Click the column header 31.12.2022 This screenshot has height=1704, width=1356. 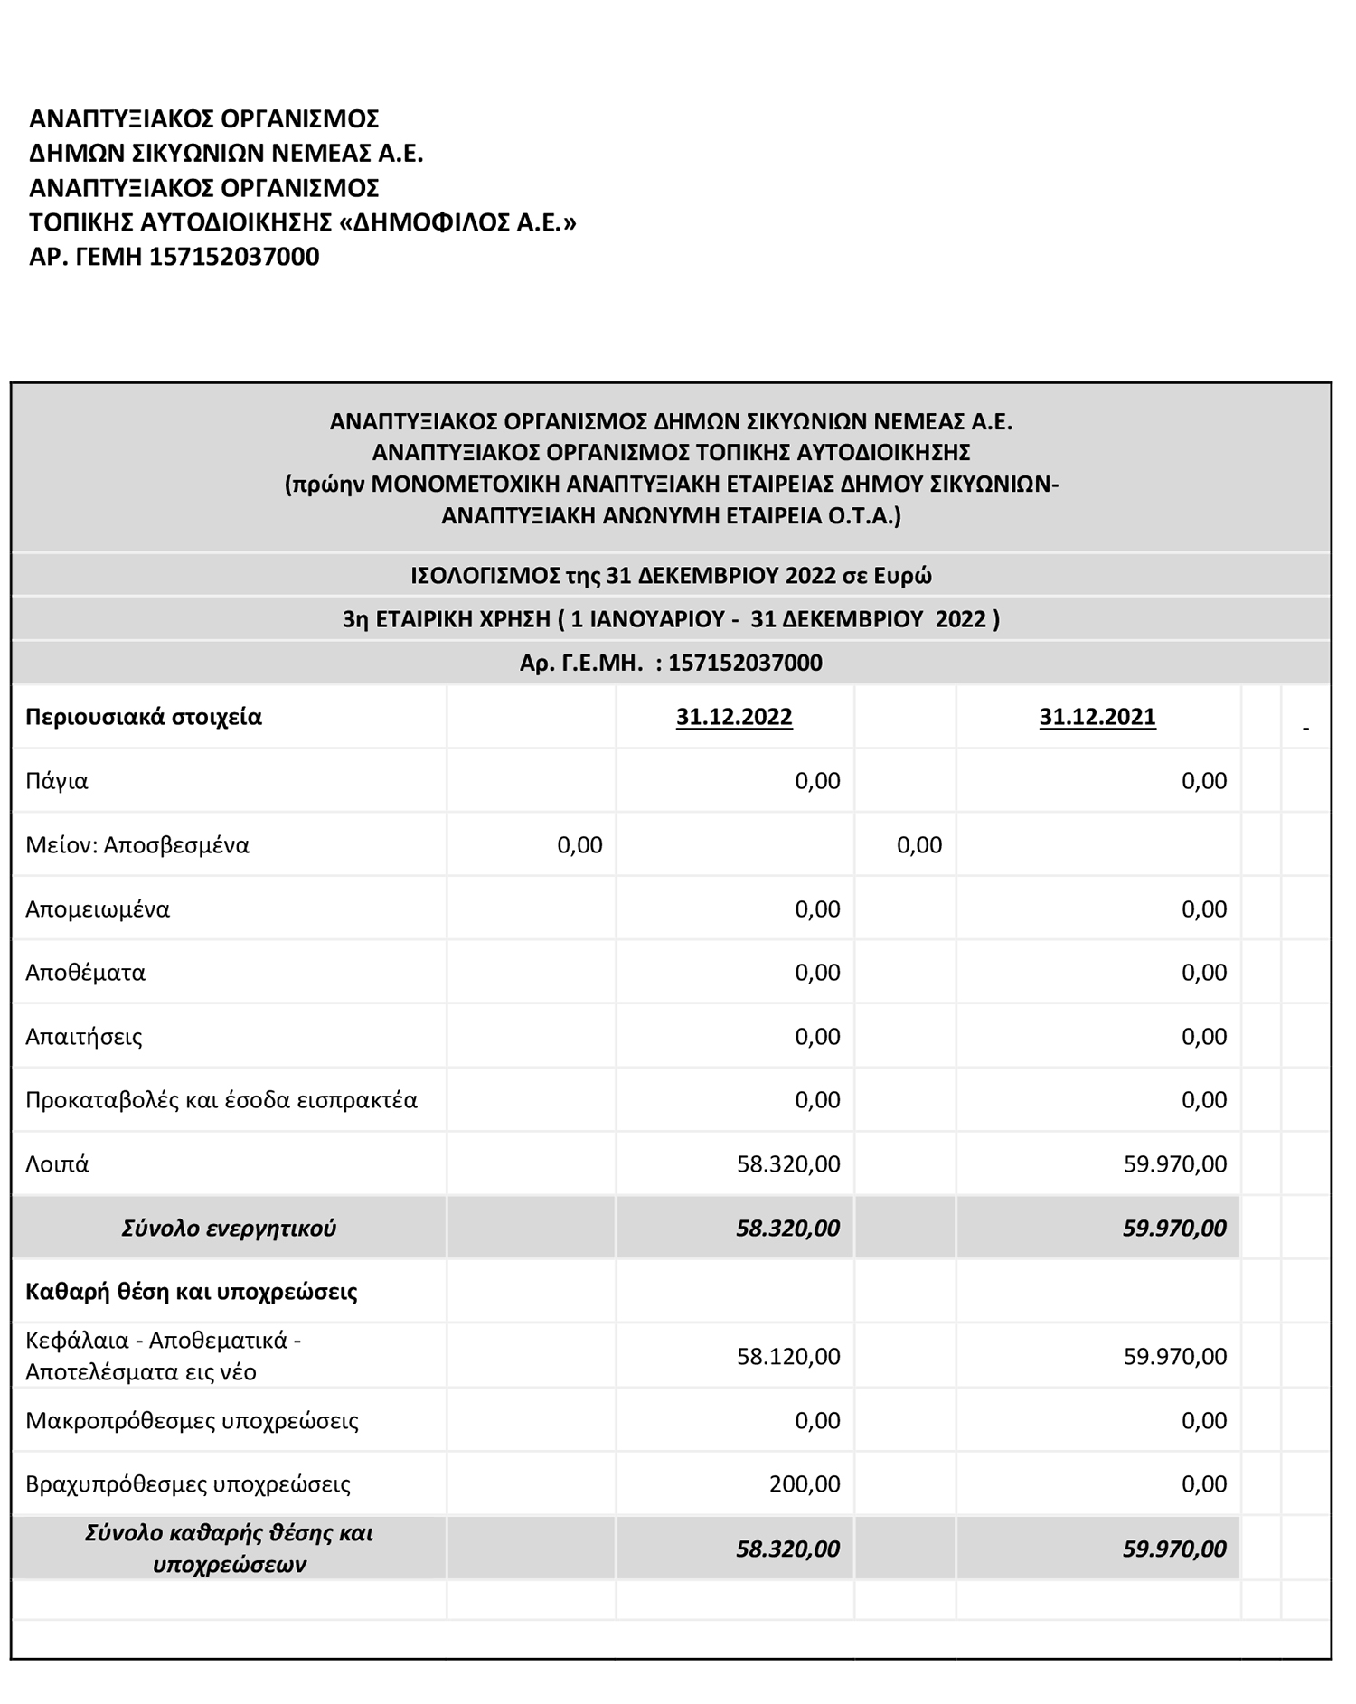733,717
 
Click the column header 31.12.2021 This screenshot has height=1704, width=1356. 1097,717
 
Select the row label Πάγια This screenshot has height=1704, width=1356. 57,781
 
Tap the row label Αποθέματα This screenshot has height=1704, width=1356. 85,973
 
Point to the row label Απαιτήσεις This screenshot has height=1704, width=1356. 84,1036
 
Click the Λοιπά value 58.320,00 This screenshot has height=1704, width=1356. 788,1163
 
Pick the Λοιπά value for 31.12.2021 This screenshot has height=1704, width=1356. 1174,1163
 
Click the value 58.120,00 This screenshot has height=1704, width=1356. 788,1356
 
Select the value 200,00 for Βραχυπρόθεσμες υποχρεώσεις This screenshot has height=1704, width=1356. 805,1483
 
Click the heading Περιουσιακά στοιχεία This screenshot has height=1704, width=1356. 144,718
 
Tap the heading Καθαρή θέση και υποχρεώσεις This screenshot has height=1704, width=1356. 192,1292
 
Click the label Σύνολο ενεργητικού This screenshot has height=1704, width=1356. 229,1229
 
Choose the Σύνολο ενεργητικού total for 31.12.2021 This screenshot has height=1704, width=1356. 1174,1229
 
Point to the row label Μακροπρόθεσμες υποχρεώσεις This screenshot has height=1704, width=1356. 192,1420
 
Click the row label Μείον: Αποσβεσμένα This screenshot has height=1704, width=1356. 137,845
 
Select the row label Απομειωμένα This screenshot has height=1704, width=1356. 98,908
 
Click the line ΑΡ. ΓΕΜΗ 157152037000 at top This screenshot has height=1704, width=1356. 174,257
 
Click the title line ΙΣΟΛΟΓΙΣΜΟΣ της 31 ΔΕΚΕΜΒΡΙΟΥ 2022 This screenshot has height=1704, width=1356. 671,576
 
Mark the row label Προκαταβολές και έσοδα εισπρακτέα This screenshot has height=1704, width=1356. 221,1100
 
